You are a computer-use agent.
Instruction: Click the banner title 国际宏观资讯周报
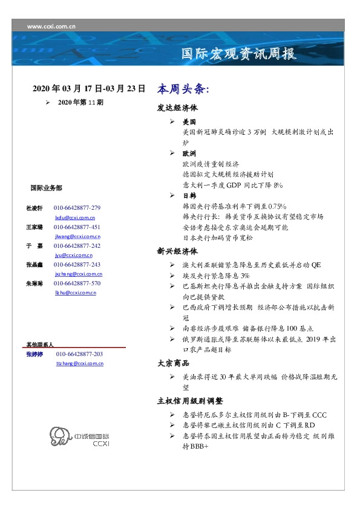[239, 54]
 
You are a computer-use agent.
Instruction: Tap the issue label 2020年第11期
[80, 103]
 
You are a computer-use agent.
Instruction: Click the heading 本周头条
[183, 89]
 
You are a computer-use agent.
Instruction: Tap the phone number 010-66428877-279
[77, 207]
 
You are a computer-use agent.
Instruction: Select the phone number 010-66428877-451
[77, 227]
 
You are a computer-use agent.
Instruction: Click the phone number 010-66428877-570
[77, 283]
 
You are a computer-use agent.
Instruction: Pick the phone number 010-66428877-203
[79, 354]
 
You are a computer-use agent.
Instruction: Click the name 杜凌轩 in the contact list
[34, 207]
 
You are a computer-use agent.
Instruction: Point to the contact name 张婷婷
[34, 354]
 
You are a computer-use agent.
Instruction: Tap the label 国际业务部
[45, 188]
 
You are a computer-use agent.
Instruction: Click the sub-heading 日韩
[189, 196]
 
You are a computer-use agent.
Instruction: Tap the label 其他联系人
[39, 344]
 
